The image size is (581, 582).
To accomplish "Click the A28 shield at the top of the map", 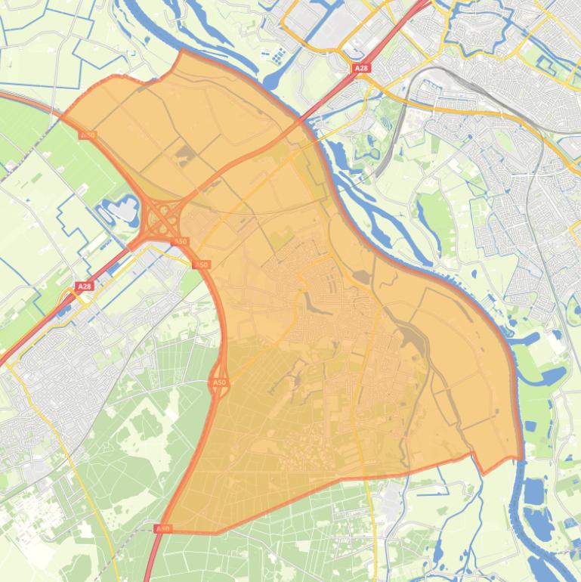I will (x=361, y=68).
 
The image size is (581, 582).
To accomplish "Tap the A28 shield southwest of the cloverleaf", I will (x=84, y=287).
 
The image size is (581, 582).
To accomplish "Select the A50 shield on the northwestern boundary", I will (x=87, y=135).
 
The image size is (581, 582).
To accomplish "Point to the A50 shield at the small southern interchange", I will (x=219, y=383).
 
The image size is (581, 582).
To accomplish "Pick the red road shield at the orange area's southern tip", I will (x=162, y=528).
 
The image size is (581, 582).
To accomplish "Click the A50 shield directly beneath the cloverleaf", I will (x=181, y=241).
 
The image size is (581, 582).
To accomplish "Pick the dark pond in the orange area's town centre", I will (x=311, y=302).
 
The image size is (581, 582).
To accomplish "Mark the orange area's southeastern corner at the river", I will (x=521, y=458).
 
